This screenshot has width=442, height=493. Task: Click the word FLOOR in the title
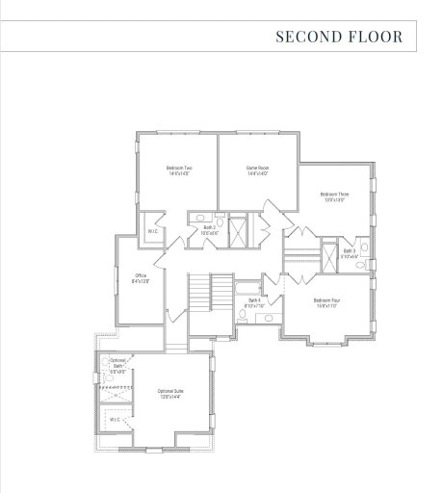click(x=372, y=38)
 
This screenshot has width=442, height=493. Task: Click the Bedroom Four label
click(x=326, y=299)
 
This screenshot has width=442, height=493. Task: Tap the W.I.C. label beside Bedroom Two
click(x=152, y=231)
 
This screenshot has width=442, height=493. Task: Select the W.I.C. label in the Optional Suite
click(x=115, y=420)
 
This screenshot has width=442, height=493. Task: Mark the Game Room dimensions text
click(x=257, y=174)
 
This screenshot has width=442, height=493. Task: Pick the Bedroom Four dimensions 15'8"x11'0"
click(x=326, y=304)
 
